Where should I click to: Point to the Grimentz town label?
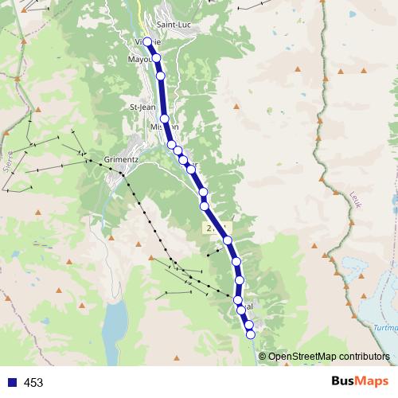(121, 158)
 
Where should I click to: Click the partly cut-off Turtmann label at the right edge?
(386, 328)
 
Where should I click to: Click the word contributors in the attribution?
(364, 357)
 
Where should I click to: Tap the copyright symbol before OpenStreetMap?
(262, 357)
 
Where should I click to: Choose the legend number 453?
(33, 383)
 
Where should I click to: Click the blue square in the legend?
(12, 383)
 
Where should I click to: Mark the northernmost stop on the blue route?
(147, 41)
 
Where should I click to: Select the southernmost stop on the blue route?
(251, 334)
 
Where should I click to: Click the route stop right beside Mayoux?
(156, 57)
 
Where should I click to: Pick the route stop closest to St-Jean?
(164, 118)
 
